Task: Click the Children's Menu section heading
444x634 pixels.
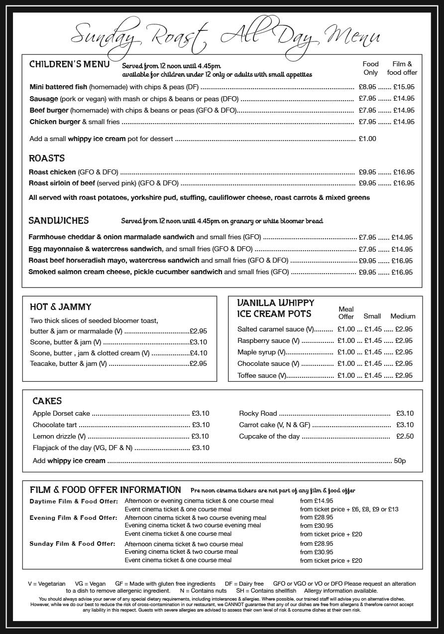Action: coord(69,64)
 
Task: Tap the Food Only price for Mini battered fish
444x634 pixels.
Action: coord(367,87)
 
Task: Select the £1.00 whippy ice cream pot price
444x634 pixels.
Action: coord(367,139)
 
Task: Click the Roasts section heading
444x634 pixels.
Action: coord(47,158)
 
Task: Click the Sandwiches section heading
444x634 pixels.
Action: coord(59,220)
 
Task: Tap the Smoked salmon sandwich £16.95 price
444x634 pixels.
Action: coord(402,272)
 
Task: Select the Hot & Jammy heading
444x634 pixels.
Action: coord(60,307)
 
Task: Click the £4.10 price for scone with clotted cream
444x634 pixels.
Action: coord(198,353)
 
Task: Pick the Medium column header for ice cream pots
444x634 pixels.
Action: coord(402,316)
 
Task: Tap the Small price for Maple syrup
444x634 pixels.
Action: coord(373,352)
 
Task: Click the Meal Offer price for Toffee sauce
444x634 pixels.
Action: coord(346,376)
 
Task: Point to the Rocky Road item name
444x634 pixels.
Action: coord(258,413)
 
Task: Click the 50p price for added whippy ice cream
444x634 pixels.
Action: coord(400,461)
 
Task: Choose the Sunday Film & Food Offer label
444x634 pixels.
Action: coord(72,544)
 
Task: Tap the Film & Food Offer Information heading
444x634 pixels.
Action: coord(105,489)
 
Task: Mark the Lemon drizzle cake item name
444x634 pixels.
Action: coord(51,436)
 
